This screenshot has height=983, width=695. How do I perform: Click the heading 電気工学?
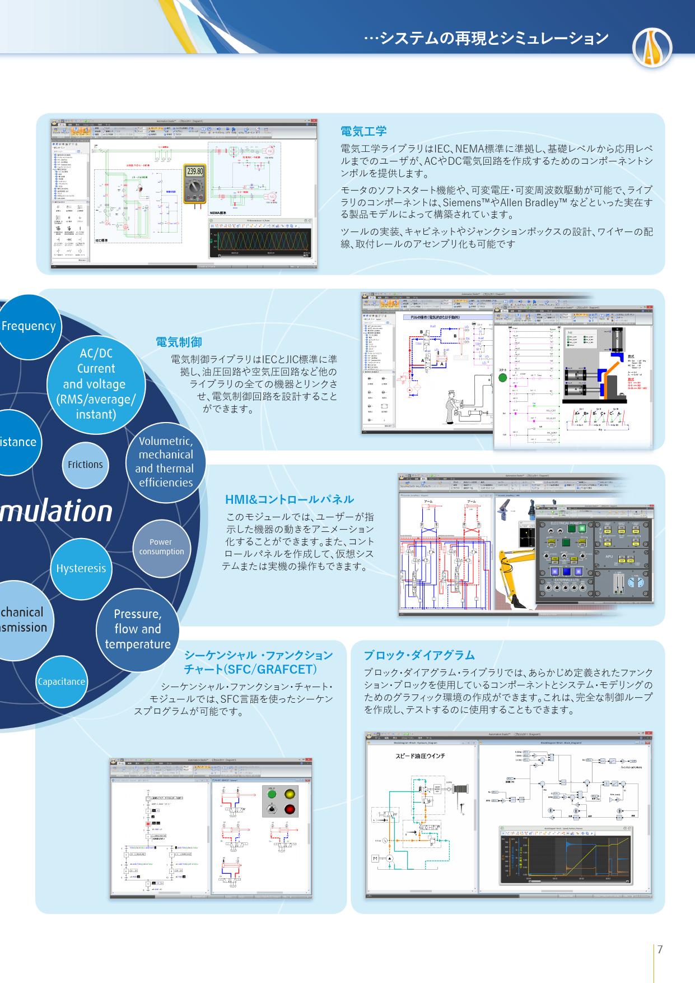[x=363, y=131]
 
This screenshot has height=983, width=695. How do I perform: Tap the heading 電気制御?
[x=178, y=342]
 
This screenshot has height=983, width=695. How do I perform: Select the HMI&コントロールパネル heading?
[x=289, y=499]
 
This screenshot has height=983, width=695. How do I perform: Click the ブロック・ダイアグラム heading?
[x=419, y=655]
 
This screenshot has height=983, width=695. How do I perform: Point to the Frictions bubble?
[x=85, y=465]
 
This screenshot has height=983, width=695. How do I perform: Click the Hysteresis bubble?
[x=81, y=568]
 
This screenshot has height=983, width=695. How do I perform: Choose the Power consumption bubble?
[x=161, y=547]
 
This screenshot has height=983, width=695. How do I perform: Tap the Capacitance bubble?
[x=62, y=681]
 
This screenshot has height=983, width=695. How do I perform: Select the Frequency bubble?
[x=29, y=326]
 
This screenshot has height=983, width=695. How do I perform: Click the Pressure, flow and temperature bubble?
[x=138, y=629]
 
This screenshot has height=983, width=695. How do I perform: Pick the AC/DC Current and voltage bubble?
[x=96, y=384]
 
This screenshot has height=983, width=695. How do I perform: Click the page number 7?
[x=660, y=949]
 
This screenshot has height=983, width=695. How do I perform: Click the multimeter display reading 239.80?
[x=195, y=171]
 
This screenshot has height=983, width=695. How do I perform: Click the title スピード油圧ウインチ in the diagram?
[x=420, y=756]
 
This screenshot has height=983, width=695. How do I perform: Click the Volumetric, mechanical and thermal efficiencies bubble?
[x=165, y=462]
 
